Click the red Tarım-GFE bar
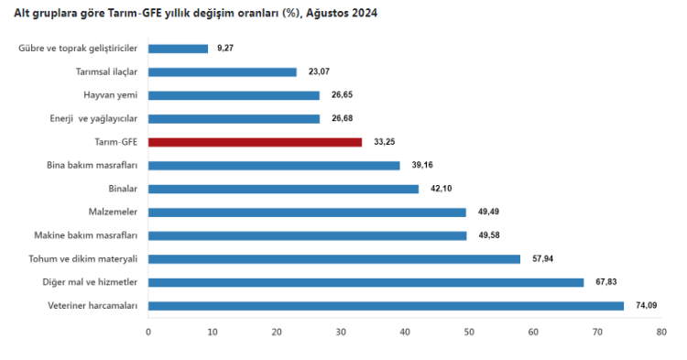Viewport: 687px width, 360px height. click(x=255, y=142)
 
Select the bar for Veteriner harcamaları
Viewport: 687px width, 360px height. click(x=386, y=306)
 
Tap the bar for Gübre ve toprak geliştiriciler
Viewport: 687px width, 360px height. click(x=178, y=49)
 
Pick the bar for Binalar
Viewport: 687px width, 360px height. click(x=283, y=189)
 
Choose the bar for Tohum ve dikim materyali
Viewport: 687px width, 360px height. click(x=333, y=259)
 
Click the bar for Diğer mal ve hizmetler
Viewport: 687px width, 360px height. click(x=365, y=282)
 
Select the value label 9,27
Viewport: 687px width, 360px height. click(x=225, y=49)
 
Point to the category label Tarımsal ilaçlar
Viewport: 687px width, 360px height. click(x=105, y=71)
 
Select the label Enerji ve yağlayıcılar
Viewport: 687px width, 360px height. click(x=93, y=118)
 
